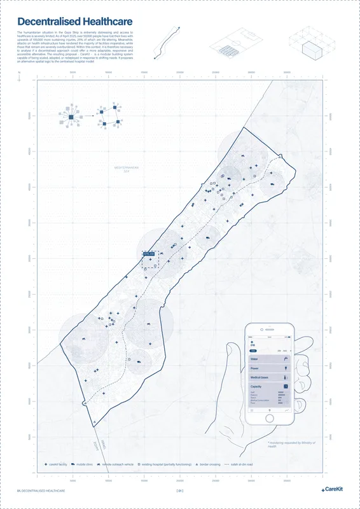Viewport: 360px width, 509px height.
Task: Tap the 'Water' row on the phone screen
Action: (270, 359)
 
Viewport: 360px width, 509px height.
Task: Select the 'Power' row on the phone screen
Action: (270, 368)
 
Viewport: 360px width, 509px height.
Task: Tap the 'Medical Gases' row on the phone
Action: (270, 377)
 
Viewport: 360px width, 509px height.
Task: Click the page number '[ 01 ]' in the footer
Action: (180, 491)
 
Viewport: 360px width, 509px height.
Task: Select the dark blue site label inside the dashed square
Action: (149, 254)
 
